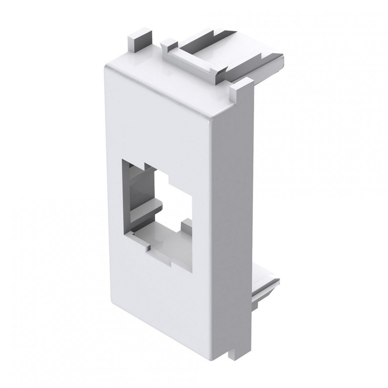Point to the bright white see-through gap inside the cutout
pyautogui.click(x=176, y=201)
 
